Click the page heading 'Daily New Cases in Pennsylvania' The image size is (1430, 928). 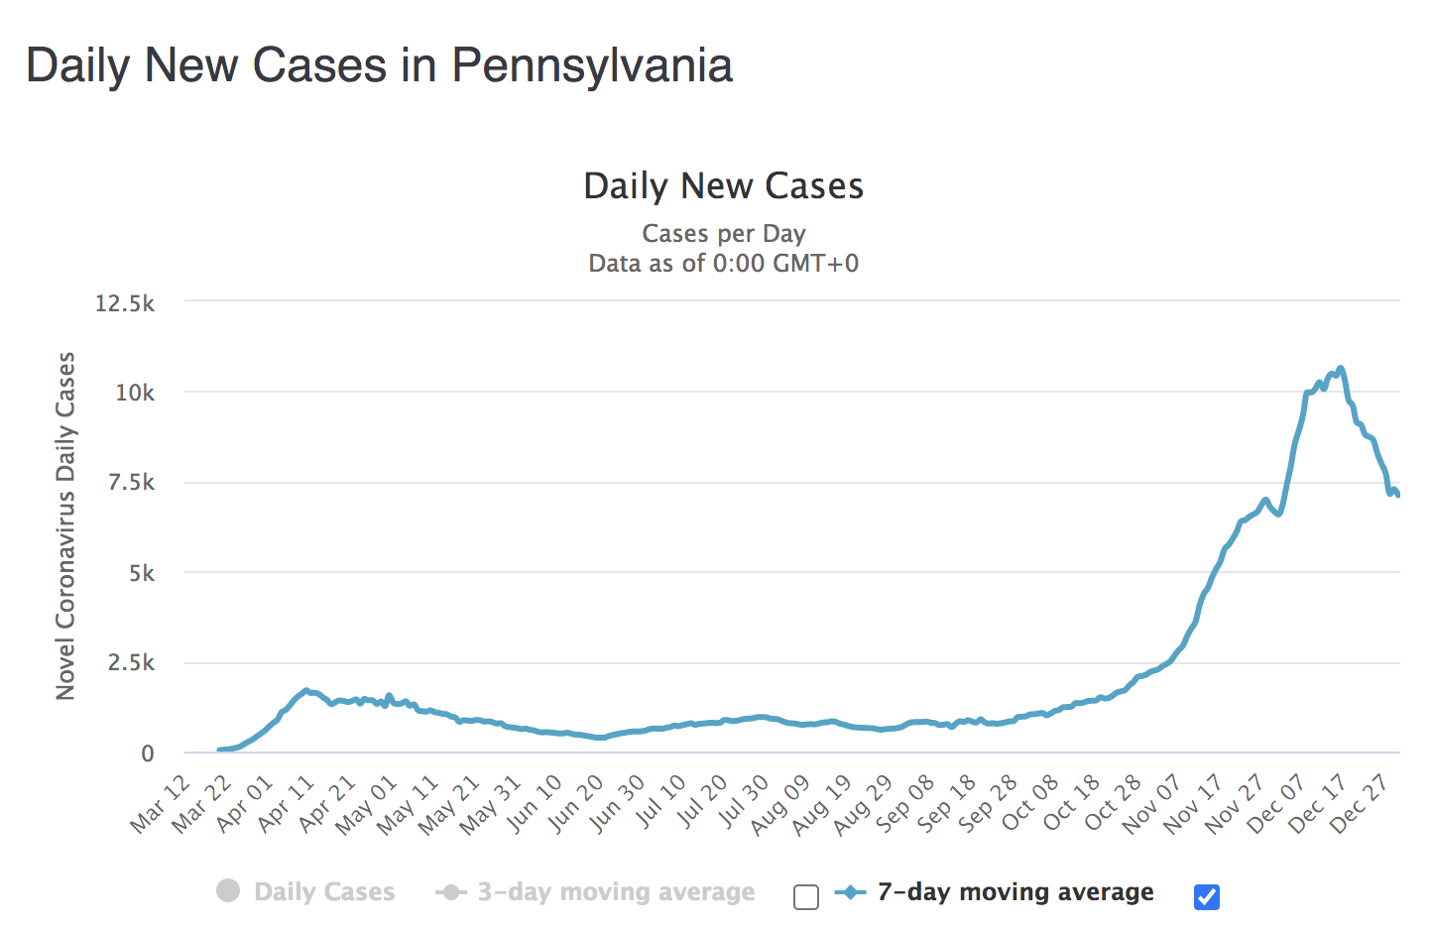pos(379,65)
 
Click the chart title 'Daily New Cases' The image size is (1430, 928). pos(723,186)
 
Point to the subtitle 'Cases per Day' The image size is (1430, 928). pos(723,234)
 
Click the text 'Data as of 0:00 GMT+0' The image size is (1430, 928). pos(723,264)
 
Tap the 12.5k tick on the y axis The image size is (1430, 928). pos(125,303)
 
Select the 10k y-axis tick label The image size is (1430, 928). pos(135,393)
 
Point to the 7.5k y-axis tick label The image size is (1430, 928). pos(131,483)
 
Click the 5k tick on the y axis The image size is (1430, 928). pos(141,573)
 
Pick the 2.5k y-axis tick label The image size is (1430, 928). pos(131,663)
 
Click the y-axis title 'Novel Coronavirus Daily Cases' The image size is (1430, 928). pos(65,525)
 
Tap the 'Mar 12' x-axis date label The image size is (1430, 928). pos(161,804)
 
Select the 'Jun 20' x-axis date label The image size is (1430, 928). pos(575,804)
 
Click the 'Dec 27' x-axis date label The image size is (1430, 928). pos(1360,804)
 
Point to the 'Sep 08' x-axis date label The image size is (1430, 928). pos(905,804)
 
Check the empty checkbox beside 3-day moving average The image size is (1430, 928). pos(806,897)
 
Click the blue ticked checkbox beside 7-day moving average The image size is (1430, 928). pos(1207,897)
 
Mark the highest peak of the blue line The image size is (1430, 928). pos(1341,369)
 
